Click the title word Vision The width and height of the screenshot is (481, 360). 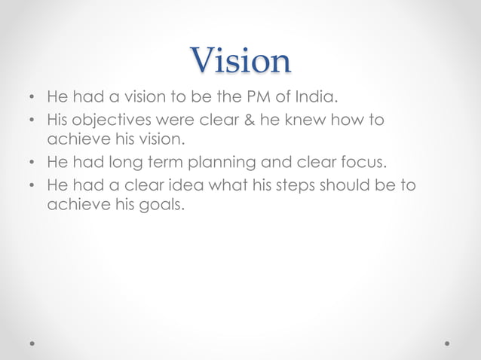[x=240, y=61]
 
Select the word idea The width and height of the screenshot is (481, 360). [x=188, y=185]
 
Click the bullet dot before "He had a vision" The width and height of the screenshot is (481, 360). [x=31, y=99]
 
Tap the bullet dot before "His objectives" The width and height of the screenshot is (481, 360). [x=31, y=121]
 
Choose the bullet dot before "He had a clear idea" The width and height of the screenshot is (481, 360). [x=31, y=185]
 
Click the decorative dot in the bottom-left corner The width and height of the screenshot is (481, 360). [x=33, y=343]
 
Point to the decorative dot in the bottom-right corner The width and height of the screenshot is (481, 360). [x=448, y=343]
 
